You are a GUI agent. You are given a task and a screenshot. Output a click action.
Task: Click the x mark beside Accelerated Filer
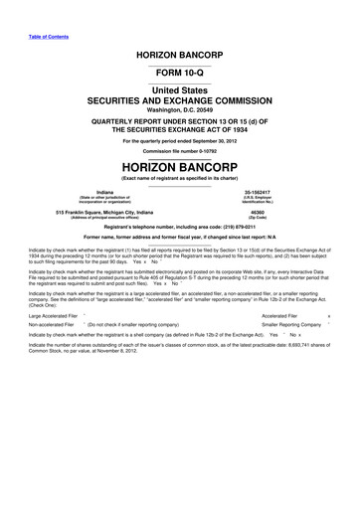click(x=341, y=342)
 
